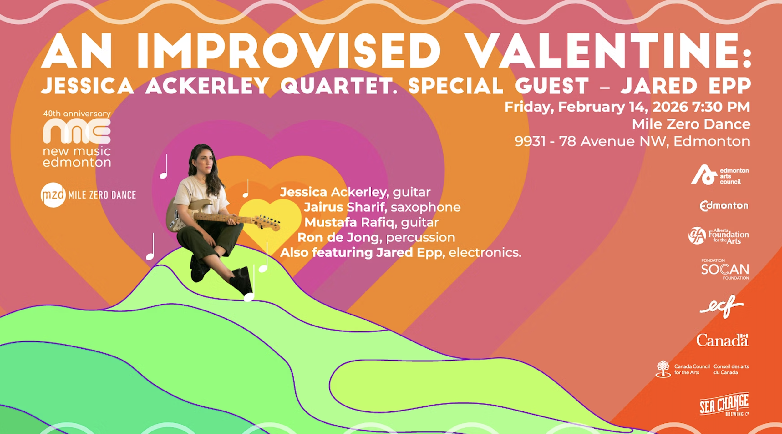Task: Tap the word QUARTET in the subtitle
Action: pyautogui.click(x=338, y=86)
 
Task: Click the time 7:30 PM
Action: pyautogui.click(x=721, y=107)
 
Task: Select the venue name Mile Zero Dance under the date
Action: pyautogui.click(x=691, y=124)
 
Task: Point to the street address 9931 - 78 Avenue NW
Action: pyautogui.click(x=592, y=141)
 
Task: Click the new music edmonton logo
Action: pyautogui.click(x=77, y=139)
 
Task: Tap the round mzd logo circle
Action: pyautogui.click(x=53, y=195)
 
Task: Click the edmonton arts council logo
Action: pyautogui.click(x=719, y=175)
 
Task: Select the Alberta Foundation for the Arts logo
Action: pyautogui.click(x=718, y=236)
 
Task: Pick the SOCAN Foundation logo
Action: pyautogui.click(x=725, y=269)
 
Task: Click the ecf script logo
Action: pyautogui.click(x=721, y=306)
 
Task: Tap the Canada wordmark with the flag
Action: pyautogui.click(x=722, y=340)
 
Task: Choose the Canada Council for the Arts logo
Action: pyautogui.click(x=702, y=369)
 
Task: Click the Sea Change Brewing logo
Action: pyautogui.click(x=724, y=404)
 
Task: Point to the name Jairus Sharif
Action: pyautogui.click(x=344, y=207)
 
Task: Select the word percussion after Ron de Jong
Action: pyautogui.click(x=420, y=238)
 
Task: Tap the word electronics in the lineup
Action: pyautogui.click(x=485, y=253)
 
